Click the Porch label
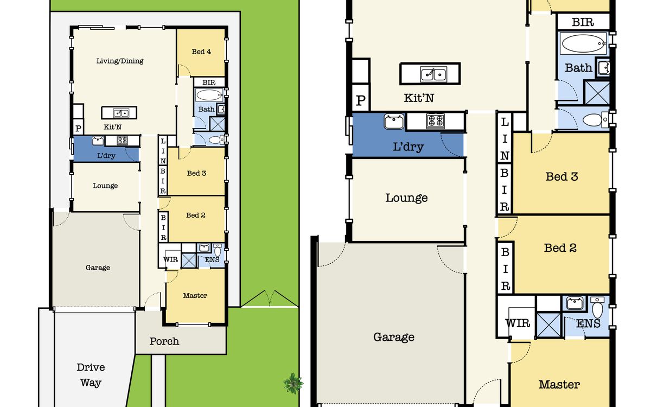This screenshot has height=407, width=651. (164, 341)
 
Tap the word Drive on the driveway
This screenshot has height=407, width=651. (91, 367)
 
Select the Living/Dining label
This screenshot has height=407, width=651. (120, 61)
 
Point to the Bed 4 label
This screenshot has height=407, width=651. (201, 52)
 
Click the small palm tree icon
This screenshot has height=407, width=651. (293, 384)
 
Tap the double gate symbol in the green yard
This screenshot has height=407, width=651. (270, 298)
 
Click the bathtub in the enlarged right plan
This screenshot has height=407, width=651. (583, 43)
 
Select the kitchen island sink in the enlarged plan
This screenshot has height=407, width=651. (433, 74)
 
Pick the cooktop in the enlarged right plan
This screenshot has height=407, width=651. (435, 120)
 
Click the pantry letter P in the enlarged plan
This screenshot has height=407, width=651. (361, 100)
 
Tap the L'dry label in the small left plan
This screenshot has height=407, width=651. (106, 156)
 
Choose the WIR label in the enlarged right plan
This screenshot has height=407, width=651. (518, 323)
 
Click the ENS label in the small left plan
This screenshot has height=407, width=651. (212, 259)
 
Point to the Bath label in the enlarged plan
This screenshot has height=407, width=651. (578, 68)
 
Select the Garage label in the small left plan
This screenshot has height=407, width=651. (98, 268)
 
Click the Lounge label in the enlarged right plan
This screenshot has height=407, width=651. (406, 198)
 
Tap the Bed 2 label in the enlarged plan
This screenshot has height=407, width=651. (560, 248)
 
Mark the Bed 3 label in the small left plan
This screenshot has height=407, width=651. (196, 173)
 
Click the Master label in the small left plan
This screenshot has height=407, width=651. (195, 296)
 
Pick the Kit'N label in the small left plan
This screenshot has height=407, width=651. (112, 127)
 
